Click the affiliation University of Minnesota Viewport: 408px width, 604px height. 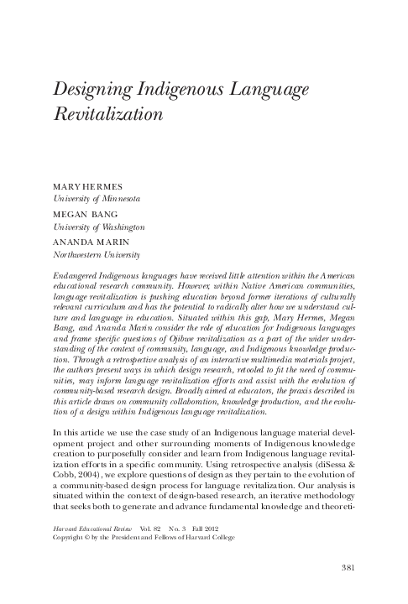coord(97,199)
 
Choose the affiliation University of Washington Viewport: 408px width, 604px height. coord(99,227)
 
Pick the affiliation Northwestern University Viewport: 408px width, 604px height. coord(96,255)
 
